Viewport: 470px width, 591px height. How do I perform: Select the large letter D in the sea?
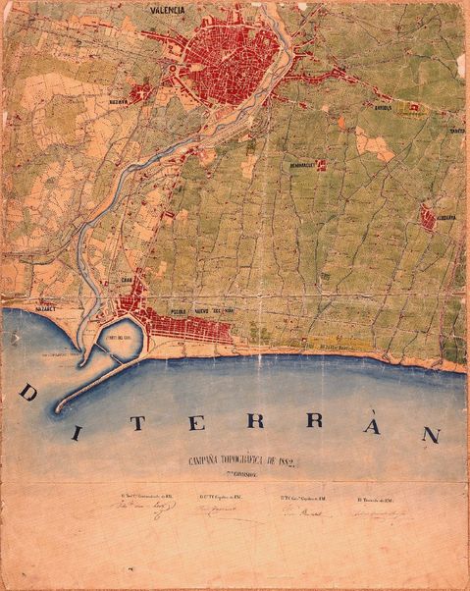point(29,394)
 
